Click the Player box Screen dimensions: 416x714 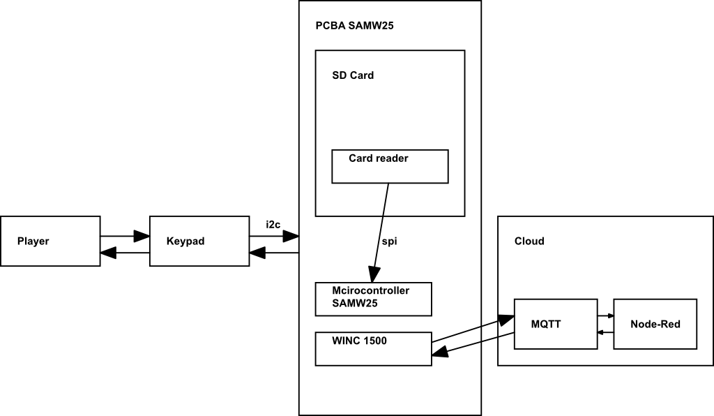pos(50,242)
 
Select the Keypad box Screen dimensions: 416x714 pos(199,242)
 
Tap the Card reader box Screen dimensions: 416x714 pos(390,166)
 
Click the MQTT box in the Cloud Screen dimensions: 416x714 pos(555,324)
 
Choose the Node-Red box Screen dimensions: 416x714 pos(655,324)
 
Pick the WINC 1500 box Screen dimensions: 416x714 pos(373,348)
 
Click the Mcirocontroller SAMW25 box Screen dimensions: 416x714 pos(373,299)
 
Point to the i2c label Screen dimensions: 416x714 pos(273,224)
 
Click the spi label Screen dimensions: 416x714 pos(390,242)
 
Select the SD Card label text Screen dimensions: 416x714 pos(353,75)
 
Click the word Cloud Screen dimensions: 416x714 pos(529,242)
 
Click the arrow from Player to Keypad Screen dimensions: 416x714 pos(125,237)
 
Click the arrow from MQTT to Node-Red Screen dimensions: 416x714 pos(605,315)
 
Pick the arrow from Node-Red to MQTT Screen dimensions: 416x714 pos(605,332)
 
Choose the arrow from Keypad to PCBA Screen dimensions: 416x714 pos(274,237)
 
